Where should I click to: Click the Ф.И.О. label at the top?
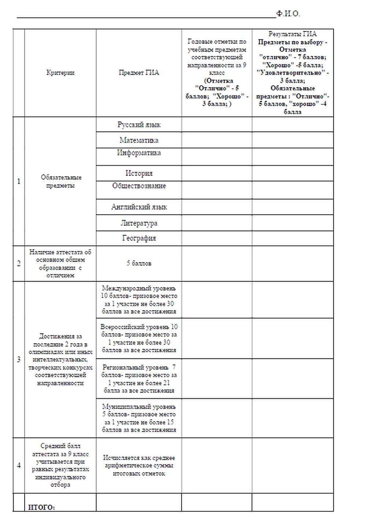tap(288, 14)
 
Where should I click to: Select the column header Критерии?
tap(60, 73)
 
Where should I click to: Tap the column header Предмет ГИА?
tap(139, 73)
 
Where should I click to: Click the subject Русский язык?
tap(139, 125)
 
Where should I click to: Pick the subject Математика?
tap(139, 140)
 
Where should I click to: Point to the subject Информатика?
tap(139, 153)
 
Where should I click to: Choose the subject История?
tap(139, 173)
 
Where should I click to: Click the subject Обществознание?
tap(139, 186)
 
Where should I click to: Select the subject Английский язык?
tap(139, 207)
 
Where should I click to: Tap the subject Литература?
tap(139, 223)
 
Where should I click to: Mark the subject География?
tap(139, 238)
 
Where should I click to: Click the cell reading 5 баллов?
tap(139, 263)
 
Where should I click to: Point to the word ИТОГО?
tap(41, 507)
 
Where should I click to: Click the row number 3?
tap(19, 359)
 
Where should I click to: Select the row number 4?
tap(19, 465)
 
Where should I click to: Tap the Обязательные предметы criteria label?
tap(61, 181)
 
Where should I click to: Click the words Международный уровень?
tap(139, 288)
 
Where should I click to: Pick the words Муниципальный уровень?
tap(139, 406)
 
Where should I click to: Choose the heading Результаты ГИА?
tap(292, 34)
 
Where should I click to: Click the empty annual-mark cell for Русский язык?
tap(216, 125)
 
